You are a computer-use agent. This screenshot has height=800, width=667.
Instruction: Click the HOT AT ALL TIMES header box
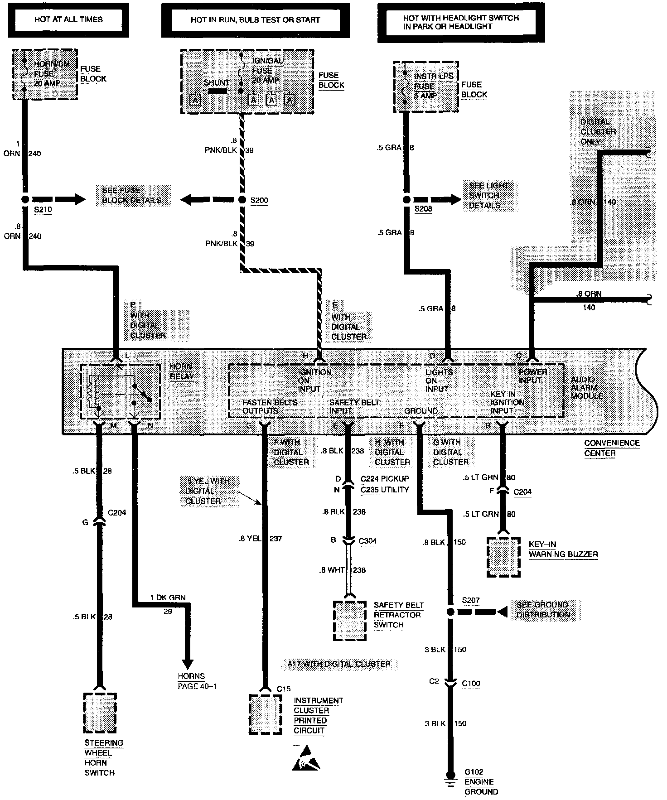coord(68,19)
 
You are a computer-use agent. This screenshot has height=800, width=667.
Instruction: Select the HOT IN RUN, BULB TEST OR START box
coord(255,20)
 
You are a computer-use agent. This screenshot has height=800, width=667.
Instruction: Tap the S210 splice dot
coord(25,199)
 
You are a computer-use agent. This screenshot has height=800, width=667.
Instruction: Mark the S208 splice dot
coord(406,199)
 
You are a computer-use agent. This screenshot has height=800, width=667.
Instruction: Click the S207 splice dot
coord(450,612)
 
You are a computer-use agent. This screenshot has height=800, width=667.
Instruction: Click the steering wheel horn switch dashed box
coord(100,713)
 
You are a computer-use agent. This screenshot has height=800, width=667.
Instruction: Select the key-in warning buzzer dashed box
coord(503,557)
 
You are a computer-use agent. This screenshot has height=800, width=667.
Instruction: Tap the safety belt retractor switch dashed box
coord(349,620)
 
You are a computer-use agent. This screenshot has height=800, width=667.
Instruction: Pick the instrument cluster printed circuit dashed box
coord(265,714)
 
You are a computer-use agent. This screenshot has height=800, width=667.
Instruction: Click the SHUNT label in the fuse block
coord(216,83)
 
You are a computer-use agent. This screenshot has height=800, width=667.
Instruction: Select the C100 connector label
coord(471,684)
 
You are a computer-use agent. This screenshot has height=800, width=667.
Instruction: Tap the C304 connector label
coord(367,541)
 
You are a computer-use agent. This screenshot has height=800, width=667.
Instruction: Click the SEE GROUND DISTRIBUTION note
coord(542,610)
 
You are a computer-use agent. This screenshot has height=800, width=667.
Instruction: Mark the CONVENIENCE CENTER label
coord(611,448)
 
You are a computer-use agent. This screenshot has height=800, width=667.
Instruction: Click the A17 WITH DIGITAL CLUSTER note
coord(339,664)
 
